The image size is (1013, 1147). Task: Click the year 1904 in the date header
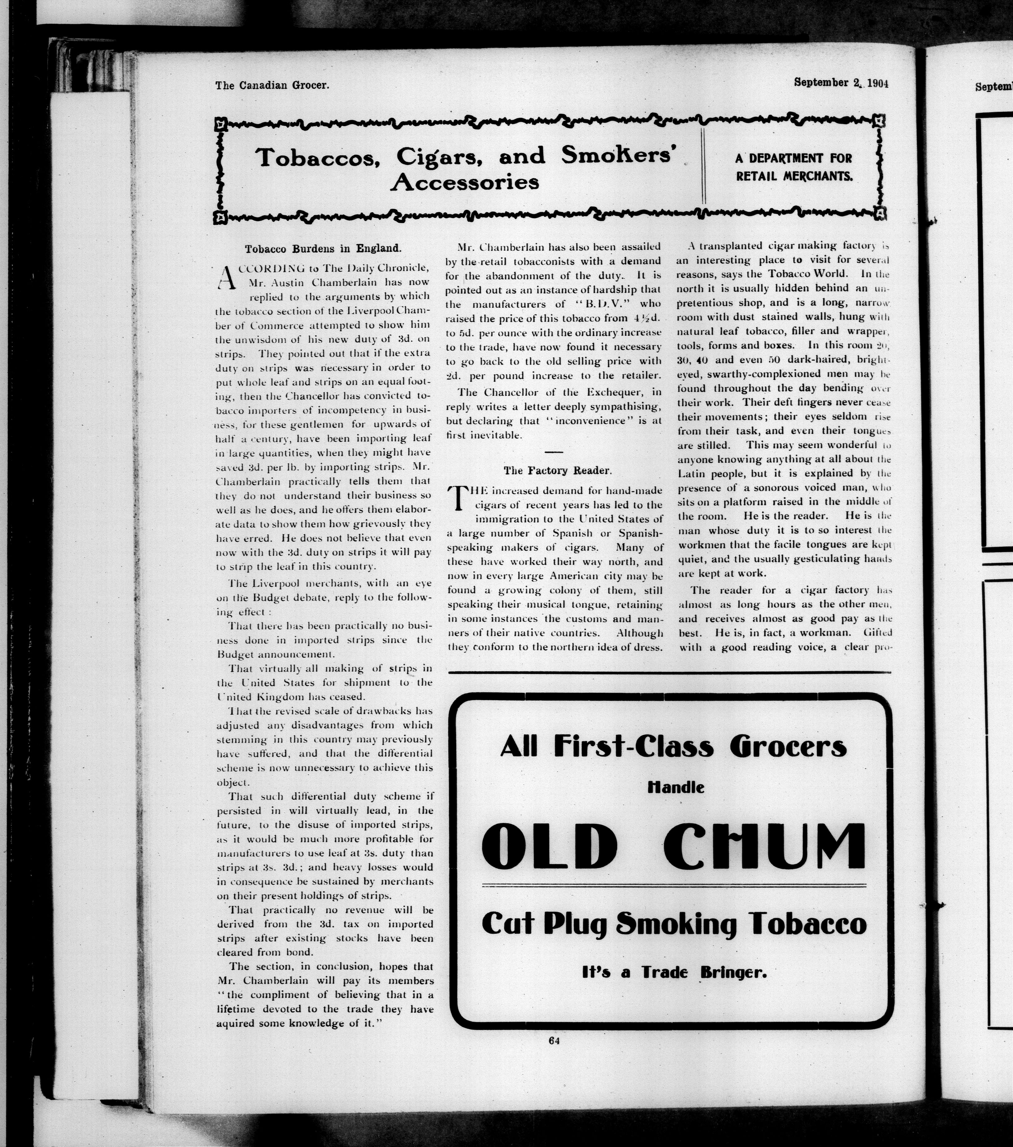tap(877, 83)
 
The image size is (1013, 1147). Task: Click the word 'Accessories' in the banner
tap(465, 182)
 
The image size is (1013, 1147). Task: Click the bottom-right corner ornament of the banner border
tap(880, 213)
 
